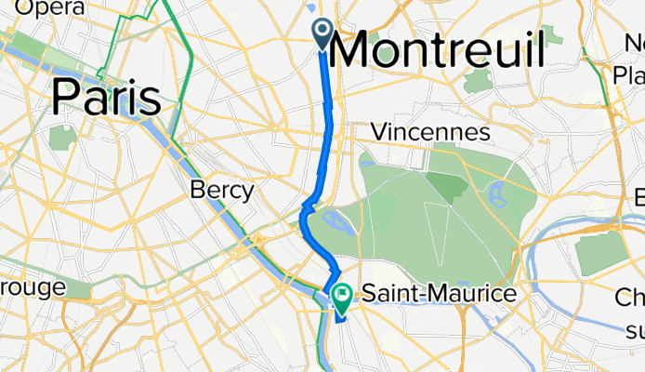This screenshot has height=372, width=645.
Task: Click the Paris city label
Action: point(107,96)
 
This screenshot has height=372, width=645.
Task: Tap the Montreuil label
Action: point(436,49)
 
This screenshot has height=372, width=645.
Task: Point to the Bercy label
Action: point(221,191)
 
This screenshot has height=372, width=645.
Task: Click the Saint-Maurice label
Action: point(438,294)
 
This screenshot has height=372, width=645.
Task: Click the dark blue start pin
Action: point(322,33)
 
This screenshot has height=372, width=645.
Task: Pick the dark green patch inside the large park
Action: point(449,186)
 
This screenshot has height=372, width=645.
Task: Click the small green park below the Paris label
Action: point(62,138)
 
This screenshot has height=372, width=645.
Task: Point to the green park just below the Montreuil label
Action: point(477,80)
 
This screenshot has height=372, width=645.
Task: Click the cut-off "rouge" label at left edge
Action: point(33,286)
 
